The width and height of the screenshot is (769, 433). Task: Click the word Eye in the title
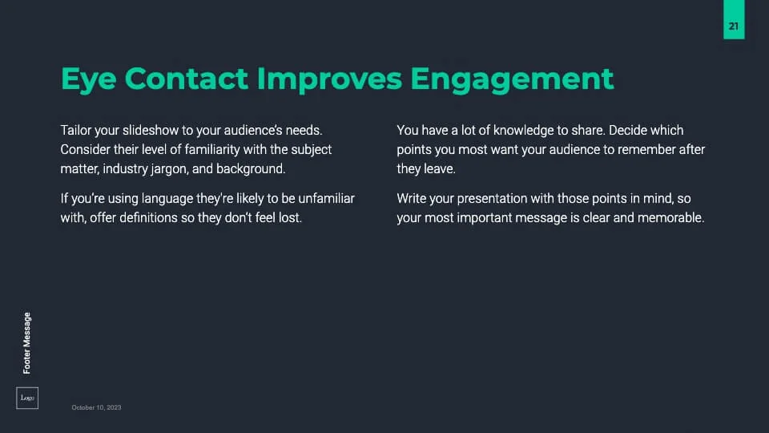[88, 79]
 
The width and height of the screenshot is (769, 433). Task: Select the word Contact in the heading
[187, 79]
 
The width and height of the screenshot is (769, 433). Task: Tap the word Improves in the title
[329, 79]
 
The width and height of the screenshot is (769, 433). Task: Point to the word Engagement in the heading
[512, 79]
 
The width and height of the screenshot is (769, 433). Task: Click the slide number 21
[734, 26]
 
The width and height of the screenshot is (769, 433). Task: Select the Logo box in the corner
[27, 399]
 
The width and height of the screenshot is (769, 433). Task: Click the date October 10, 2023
[96, 407]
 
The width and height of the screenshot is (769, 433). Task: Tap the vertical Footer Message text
[27, 343]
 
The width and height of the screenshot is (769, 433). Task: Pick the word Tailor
[76, 130]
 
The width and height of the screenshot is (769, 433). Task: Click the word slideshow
[151, 130]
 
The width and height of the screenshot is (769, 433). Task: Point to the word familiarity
[212, 149]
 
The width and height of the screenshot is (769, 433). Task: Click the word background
[251, 169]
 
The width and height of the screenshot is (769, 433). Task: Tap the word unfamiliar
[326, 198]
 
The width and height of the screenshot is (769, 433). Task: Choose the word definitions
[148, 217]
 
